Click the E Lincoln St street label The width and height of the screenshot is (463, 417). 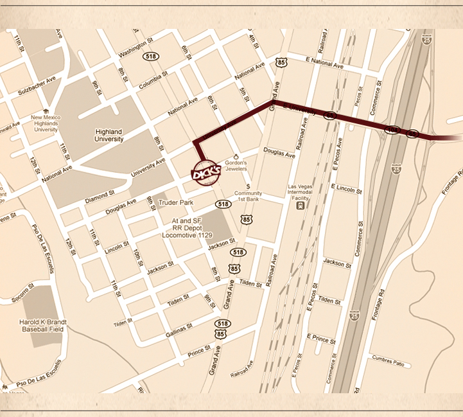click(346, 188)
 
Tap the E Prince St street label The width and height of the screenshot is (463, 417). click(321, 339)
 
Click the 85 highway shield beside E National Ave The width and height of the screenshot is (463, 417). click(280, 62)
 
